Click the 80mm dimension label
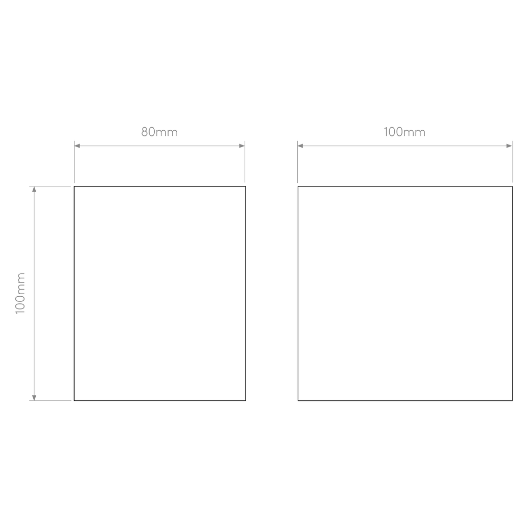pyautogui.click(x=159, y=132)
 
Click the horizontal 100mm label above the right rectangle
pyautogui.click(x=405, y=132)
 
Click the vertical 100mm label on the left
pyautogui.click(x=20, y=293)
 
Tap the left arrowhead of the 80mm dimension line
pyautogui.click(x=77, y=146)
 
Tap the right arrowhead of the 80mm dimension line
pyautogui.click(x=242, y=146)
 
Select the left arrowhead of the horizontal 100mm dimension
pyautogui.click(x=300, y=146)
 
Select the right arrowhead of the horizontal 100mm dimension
pyautogui.click(x=509, y=146)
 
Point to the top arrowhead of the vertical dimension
pyautogui.click(x=34, y=189)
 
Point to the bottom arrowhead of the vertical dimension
pyautogui.click(x=34, y=397)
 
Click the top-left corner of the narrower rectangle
pyautogui.click(x=74, y=186)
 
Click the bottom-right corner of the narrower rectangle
pyautogui.click(x=246, y=400)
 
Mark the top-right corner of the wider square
pyautogui.click(x=512, y=186)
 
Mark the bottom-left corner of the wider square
pyautogui.click(x=298, y=400)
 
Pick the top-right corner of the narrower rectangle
pyautogui.click(x=246, y=186)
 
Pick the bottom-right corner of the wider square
pyautogui.click(x=512, y=400)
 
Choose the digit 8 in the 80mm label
pyautogui.click(x=145, y=132)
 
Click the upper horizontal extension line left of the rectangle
pyautogui.click(x=50, y=186)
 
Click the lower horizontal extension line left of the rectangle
pyautogui.click(x=50, y=400)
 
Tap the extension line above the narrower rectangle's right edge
pyautogui.click(x=245, y=162)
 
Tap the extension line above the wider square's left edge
pyautogui.click(x=298, y=162)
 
